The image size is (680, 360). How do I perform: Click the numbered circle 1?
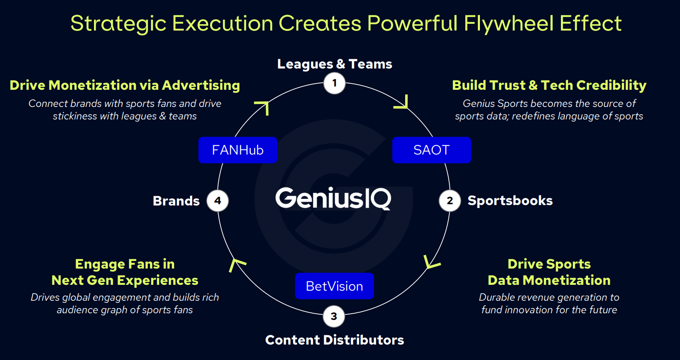point(334,83)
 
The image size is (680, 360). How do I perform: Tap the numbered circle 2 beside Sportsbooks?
point(449,201)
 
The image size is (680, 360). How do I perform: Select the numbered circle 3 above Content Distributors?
point(334,317)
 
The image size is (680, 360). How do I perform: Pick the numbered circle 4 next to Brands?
point(218,201)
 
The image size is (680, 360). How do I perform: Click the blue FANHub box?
point(238,150)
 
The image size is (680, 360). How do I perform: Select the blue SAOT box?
point(431,150)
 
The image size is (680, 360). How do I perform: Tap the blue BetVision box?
point(334,286)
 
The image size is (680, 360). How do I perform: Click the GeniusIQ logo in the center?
point(333,198)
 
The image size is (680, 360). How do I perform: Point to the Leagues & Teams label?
point(335,64)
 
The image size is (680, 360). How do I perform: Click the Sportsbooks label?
point(510,200)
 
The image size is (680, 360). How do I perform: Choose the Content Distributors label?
point(335,340)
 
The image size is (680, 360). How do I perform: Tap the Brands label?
point(176,201)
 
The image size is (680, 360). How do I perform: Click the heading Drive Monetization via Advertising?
point(125,85)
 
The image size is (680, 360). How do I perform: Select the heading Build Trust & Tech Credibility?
point(549,85)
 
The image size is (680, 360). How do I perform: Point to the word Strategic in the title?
point(118,23)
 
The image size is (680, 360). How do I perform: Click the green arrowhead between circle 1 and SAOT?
point(402,103)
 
